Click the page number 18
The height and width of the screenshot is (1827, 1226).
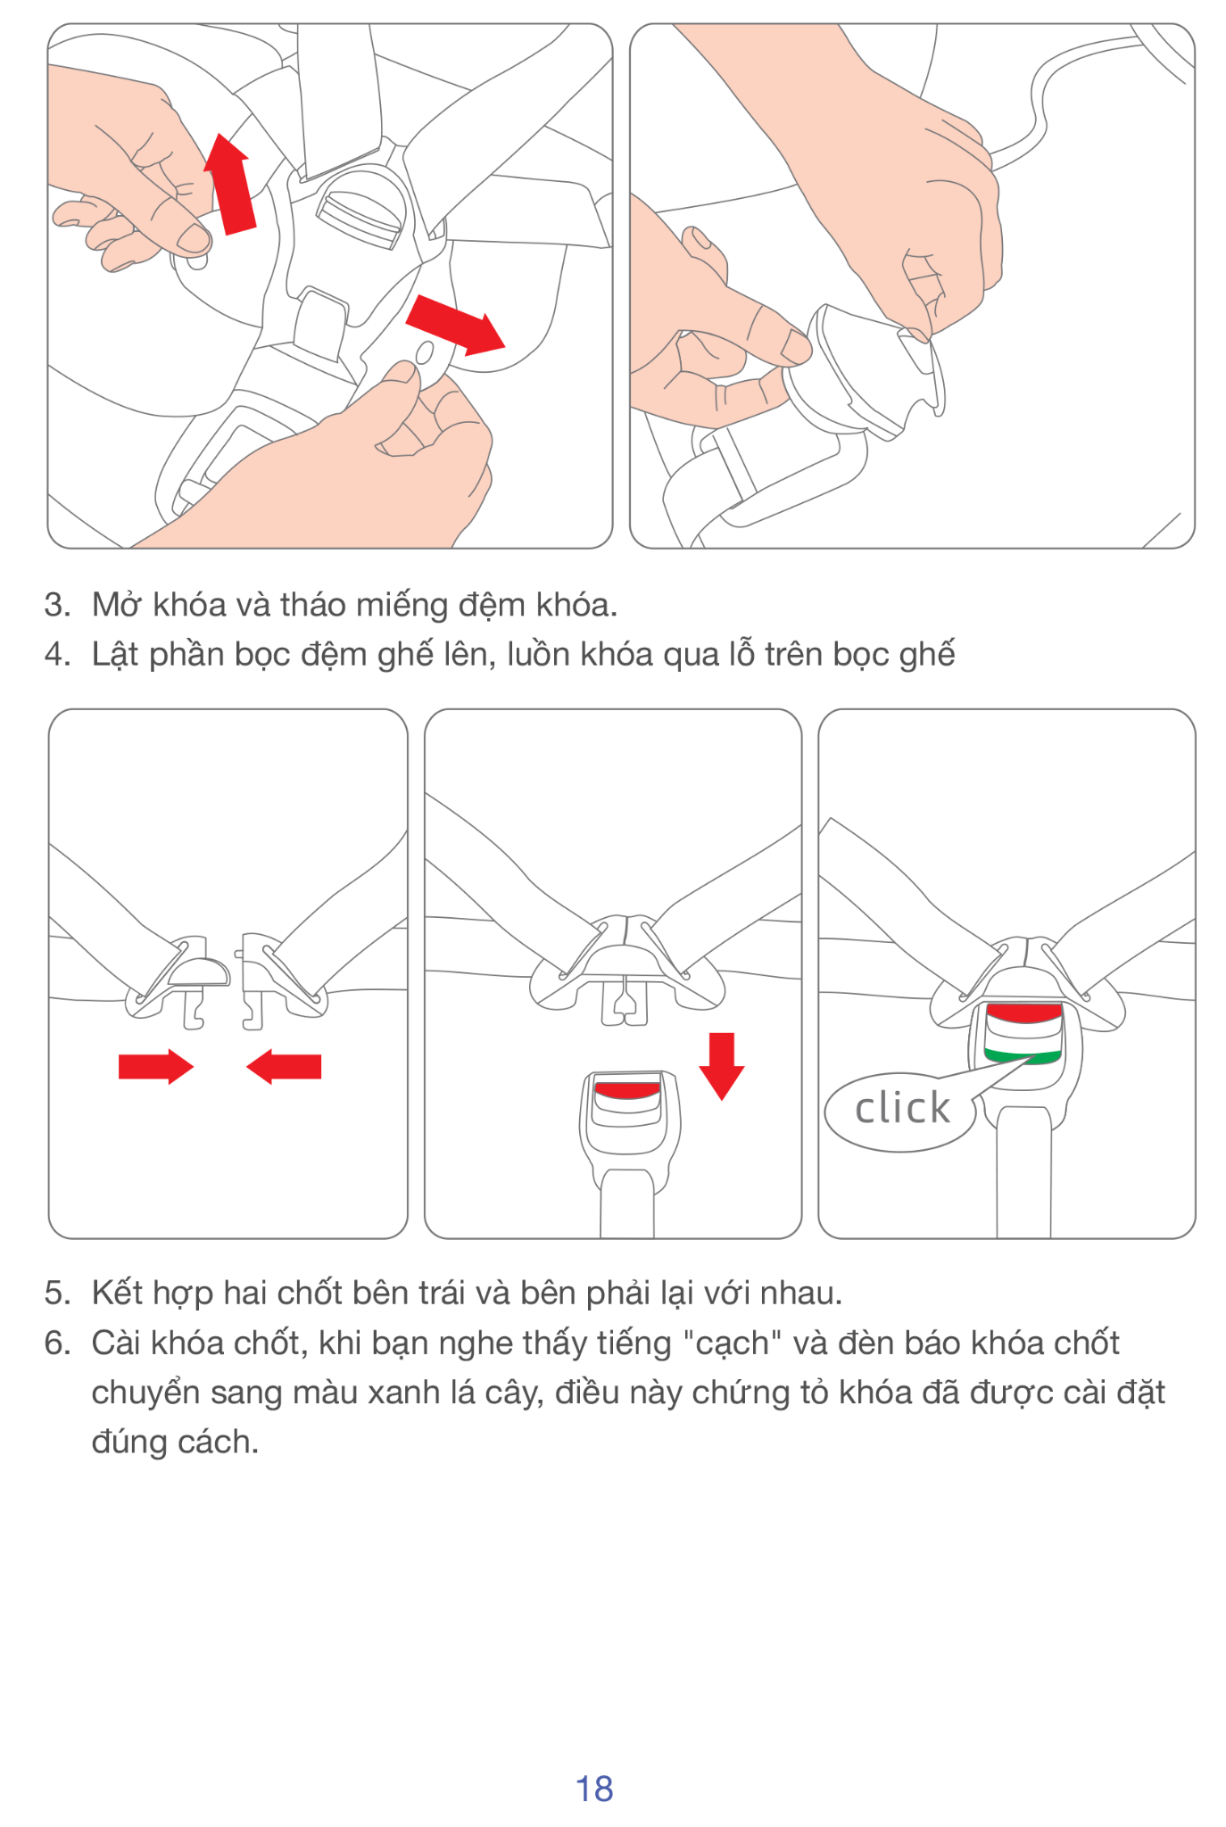click(x=594, y=1788)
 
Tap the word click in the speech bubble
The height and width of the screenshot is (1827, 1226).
click(x=902, y=1108)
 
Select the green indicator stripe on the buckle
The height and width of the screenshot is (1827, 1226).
click(x=1023, y=1057)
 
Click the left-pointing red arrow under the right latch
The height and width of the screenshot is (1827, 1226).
click(x=284, y=1066)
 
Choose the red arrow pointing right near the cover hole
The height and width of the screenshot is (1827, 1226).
click(x=455, y=325)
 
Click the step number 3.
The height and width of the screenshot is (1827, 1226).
click(x=56, y=605)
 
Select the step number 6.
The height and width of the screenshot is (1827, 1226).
click(x=56, y=1343)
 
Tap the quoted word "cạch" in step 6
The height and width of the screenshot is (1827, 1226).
click(x=732, y=1343)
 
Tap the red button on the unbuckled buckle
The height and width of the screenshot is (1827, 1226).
click(x=627, y=1089)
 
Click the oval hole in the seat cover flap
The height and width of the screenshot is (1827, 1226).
click(x=425, y=354)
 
